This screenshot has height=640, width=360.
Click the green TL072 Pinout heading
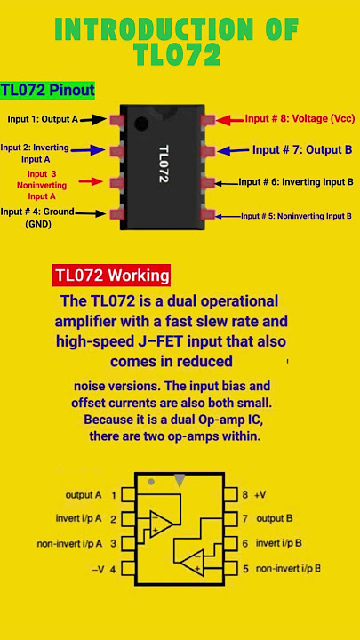pyautogui.click(x=47, y=90)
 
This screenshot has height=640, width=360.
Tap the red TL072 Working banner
pyautogui.click(x=111, y=275)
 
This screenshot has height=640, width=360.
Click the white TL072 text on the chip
pyautogui.click(x=164, y=164)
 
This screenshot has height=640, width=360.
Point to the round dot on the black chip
pyautogui.click(x=141, y=124)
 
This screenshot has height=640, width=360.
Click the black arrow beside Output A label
pyautogui.click(x=93, y=119)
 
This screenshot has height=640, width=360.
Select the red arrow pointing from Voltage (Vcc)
pyautogui.click(x=230, y=120)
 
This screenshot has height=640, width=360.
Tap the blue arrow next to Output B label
pyautogui.click(x=233, y=150)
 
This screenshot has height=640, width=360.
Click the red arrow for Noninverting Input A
pyautogui.click(x=90, y=181)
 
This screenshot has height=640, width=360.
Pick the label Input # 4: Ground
pyautogui.click(x=37, y=212)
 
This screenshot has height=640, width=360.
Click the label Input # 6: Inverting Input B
pyautogui.click(x=296, y=181)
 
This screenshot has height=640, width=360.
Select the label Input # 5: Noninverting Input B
pyautogui.click(x=296, y=216)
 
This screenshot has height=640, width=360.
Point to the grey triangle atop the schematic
pyautogui.click(x=180, y=480)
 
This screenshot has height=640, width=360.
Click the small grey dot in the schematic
pyautogui.click(x=151, y=482)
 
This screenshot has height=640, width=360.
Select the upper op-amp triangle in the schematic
pyautogui.click(x=160, y=524)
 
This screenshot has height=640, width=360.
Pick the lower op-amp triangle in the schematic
pyautogui.click(x=192, y=562)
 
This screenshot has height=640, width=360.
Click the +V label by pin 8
pyautogui.click(x=260, y=495)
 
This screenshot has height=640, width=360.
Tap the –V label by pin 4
pyautogui.click(x=98, y=570)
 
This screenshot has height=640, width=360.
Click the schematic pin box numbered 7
pyautogui.click(x=231, y=519)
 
